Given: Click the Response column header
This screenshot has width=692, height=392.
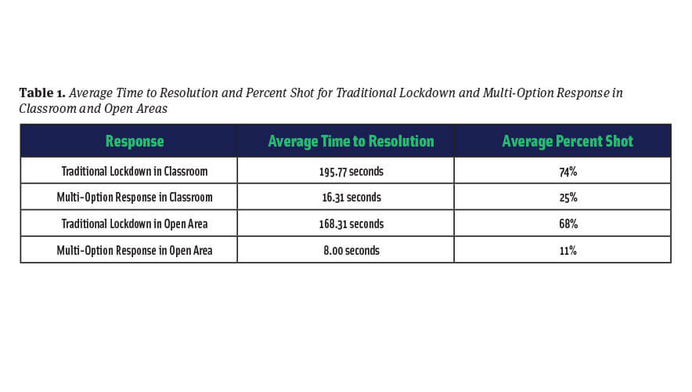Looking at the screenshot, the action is click(135, 141).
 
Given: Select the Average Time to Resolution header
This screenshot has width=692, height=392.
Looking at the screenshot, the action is click(351, 141).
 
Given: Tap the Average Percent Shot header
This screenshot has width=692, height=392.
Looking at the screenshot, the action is click(568, 141).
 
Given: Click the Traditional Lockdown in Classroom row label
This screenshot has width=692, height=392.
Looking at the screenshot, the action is click(134, 172).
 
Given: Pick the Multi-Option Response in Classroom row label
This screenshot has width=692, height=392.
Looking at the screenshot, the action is click(134, 198).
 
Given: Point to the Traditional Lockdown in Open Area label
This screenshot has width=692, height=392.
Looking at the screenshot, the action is click(134, 224).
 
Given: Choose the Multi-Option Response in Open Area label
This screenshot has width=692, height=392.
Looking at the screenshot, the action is click(134, 251).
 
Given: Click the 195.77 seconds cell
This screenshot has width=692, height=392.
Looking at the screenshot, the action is click(351, 172).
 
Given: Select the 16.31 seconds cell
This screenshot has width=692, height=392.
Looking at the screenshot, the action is click(351, 198).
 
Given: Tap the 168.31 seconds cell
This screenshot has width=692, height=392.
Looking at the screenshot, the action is click(351, 224).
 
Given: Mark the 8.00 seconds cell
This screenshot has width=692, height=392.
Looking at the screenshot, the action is click(351, 251).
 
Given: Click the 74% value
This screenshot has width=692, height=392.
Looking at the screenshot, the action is click(568, 172).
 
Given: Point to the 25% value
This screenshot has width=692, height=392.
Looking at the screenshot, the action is click(568, 198).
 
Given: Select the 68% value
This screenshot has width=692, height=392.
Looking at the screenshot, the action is click(568, 224).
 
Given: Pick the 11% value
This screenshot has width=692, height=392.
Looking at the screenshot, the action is click(568, 251).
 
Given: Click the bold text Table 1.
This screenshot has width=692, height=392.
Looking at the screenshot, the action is click(42, 93).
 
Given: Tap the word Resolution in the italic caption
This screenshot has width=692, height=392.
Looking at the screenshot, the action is click(189, 93).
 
